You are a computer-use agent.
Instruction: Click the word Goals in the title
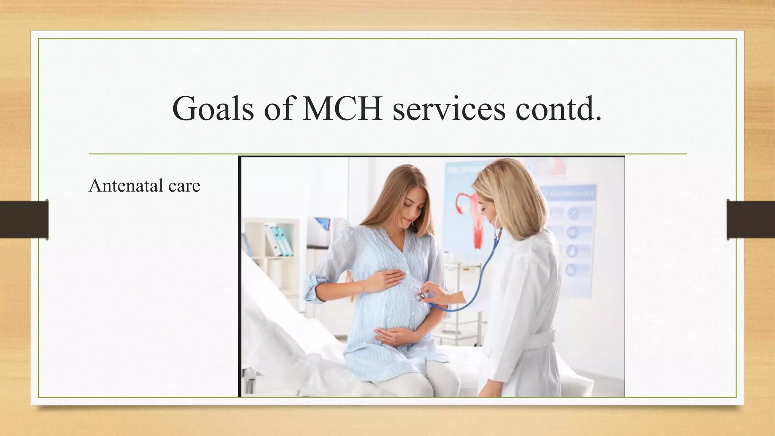coord(213,109)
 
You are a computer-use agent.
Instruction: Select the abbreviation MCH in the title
coord(342,109)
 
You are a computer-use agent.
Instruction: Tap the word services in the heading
coord(449,109)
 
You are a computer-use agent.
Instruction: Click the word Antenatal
coord(123,185)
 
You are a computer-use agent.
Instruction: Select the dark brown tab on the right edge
coord(751,220)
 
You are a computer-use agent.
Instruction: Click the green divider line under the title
coord(387,154)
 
